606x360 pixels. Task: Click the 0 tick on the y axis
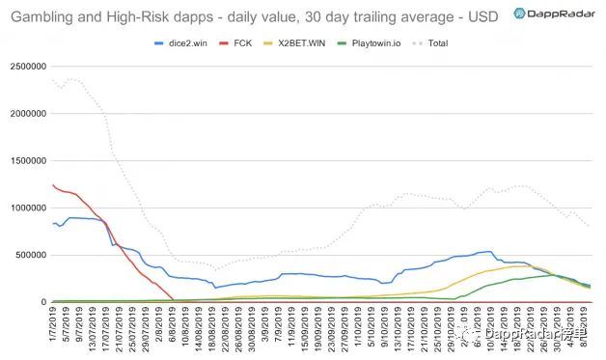tap(44, 302)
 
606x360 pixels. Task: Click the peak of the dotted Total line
tap(71, 79)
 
